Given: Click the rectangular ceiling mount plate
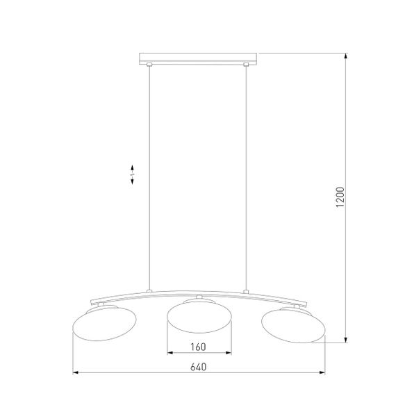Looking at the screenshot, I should coord(198,57).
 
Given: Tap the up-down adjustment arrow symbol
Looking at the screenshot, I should coord(133,174).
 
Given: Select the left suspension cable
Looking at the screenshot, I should coord(149,174).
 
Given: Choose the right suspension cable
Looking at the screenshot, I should coord(245,174).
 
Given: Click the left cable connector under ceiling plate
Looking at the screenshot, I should coord(149,65).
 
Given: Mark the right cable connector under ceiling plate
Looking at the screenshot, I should coord(245,65).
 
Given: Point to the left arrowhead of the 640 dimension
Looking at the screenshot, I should coord(76,374).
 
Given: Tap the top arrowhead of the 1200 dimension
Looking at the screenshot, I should coord(346,55).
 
